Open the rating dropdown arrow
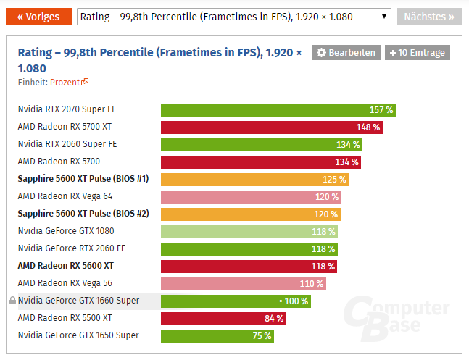pos(383,17)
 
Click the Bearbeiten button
pos(346,53)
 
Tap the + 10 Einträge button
pos(417,53)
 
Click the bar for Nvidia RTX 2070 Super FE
pos(278,109)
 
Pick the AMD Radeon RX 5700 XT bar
pos(271,127)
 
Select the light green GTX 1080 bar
pos(249,231)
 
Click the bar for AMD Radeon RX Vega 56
pos(243,283)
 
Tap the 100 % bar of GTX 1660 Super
pos(236,301)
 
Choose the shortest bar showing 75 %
pos(217,335)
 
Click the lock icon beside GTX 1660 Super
pos(12,301)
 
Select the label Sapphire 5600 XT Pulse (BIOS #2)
pos(83,214)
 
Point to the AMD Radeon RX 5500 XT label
pos(65,318)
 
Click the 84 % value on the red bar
pos(274,318)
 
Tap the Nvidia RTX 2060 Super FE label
pos(67,144)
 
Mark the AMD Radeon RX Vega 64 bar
pos(251,196)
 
